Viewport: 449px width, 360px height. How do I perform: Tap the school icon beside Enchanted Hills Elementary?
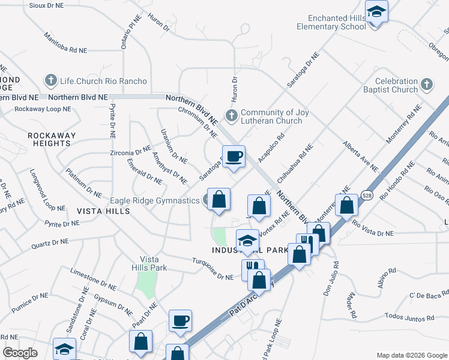pyautogui.click(x=376, y=12)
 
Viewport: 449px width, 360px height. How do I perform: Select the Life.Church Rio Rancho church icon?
pyautogui.click(x=50, y=80)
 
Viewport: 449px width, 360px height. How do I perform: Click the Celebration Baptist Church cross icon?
pyautogui.click(x=427, y=85)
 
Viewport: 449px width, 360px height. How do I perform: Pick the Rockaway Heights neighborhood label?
pyautogui.click(x=52, y=139)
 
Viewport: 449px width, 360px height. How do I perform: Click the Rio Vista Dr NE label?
pyautogui.click(x=373, y=229)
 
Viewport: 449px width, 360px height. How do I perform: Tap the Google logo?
pyautogui.click(x=20, y=353)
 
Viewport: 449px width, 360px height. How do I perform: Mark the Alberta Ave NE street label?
pyautogui.click(x=361, y=155)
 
